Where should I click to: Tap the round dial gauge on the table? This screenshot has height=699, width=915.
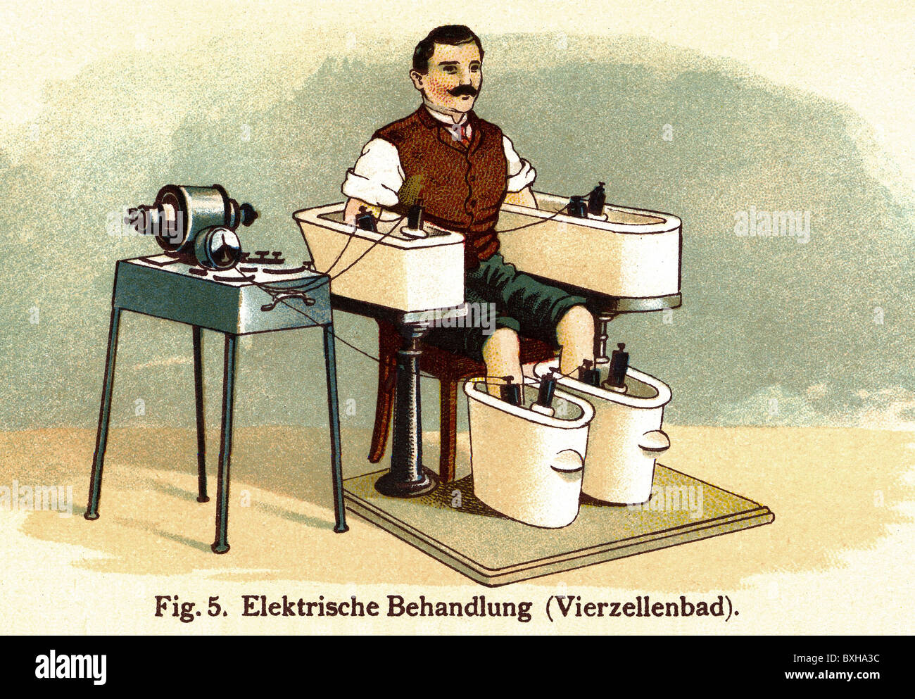coord(217,248)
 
